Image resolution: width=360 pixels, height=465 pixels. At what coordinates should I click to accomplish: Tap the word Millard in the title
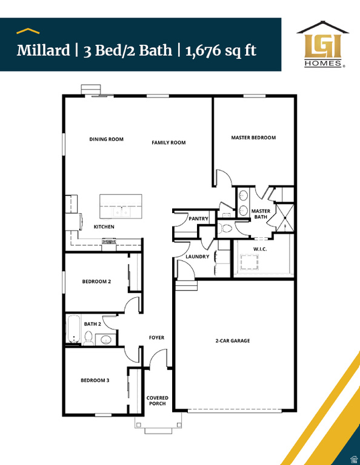click(43, 50)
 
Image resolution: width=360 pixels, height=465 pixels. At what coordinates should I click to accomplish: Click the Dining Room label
click(107, 139)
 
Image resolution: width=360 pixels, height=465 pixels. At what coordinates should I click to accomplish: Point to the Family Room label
click(168, 143)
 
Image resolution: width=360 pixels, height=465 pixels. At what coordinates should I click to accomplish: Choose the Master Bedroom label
click(253, 137)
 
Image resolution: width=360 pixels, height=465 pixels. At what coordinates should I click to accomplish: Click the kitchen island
click(121, 206)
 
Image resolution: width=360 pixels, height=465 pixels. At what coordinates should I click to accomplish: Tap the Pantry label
click(199, 219)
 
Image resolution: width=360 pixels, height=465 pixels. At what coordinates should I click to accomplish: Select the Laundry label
click(198, 257)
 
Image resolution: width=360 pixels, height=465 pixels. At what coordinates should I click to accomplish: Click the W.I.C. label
click(261, 249)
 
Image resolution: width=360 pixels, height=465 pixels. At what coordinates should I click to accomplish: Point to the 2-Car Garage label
click(233, 341)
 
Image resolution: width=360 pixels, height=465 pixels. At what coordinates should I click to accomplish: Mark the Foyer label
click(157, 338)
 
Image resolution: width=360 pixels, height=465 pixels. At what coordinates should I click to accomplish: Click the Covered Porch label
click(158, 401)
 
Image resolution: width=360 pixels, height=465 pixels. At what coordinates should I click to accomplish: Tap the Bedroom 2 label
click(96, 282)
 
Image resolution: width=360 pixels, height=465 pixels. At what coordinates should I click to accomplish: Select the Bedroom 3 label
click(95, 381)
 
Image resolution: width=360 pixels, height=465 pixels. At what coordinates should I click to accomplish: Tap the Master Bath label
click(261, 214)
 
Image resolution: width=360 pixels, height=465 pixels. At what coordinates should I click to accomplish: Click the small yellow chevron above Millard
click(28, 30)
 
